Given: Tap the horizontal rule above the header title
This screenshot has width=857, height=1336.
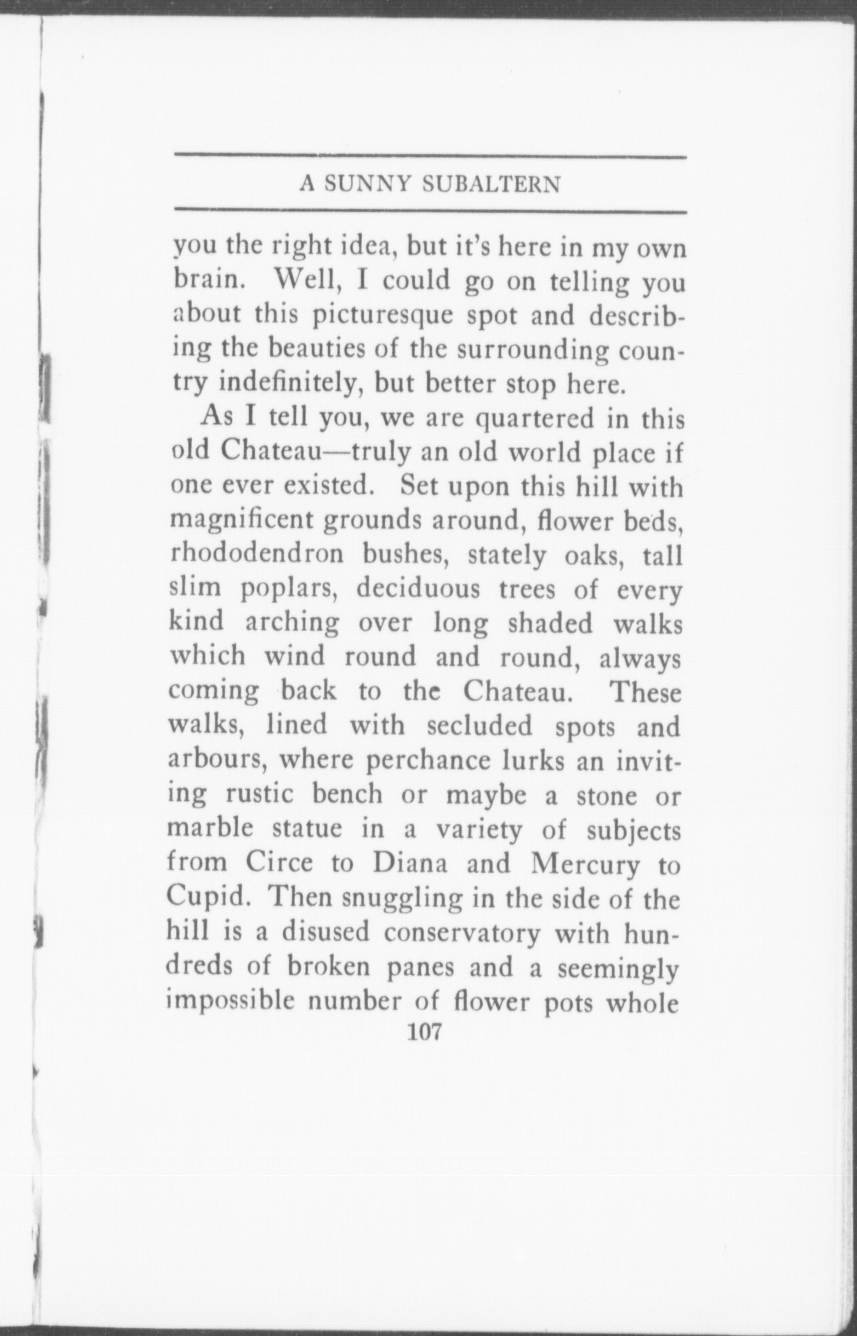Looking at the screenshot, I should tap(430, 158).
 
